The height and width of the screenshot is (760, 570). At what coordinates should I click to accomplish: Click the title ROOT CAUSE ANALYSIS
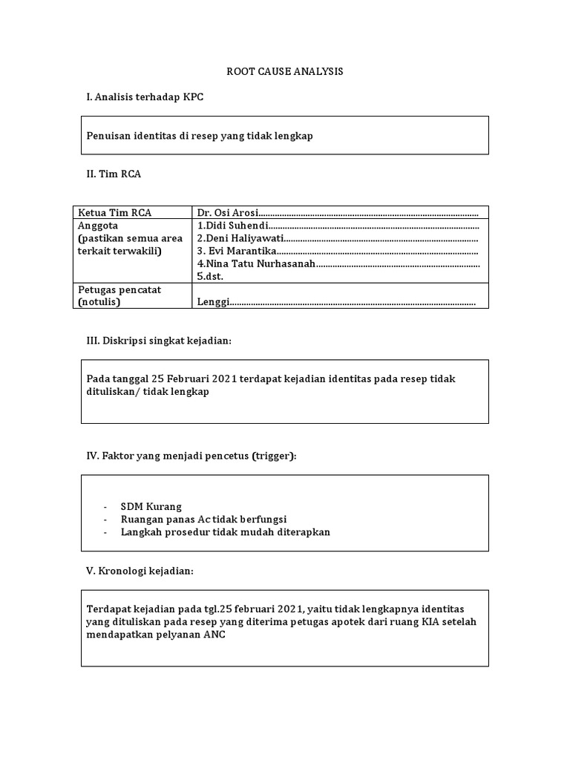point(284,72)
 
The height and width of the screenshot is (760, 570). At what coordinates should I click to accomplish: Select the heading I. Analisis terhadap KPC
point(145,97)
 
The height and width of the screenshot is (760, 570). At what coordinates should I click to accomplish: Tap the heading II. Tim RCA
point(114,174)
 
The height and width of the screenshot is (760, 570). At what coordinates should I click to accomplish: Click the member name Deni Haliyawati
point(240,238)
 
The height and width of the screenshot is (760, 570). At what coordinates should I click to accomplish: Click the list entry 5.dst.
point(209,276)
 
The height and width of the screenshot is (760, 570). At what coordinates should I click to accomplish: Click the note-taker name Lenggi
point(212,302)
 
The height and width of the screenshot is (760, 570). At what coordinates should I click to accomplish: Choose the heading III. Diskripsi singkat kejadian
point(160,340)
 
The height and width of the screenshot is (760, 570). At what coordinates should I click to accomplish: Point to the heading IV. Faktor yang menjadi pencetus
point(191,455)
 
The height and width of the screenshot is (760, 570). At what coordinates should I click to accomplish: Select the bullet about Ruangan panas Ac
point(203,519)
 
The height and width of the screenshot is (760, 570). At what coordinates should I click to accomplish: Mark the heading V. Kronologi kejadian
point(140,571)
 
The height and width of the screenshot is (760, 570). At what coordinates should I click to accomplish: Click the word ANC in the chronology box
point(214,635)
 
